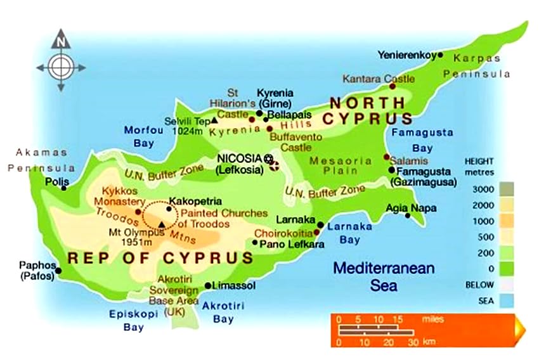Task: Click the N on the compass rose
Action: point(61,42)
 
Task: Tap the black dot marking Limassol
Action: point(207,286)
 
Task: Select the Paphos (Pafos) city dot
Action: point(58,271)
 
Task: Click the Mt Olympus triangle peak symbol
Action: point(162,224)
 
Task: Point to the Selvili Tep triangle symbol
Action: point(214,120)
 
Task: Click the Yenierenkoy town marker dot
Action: point(440,55)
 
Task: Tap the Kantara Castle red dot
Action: point(393,86)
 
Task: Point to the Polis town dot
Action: point(63,188)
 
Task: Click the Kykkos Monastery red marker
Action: point(138,212)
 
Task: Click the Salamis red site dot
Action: point(386,157)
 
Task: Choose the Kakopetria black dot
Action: point(169,208)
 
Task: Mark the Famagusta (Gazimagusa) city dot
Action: point(392,170)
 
